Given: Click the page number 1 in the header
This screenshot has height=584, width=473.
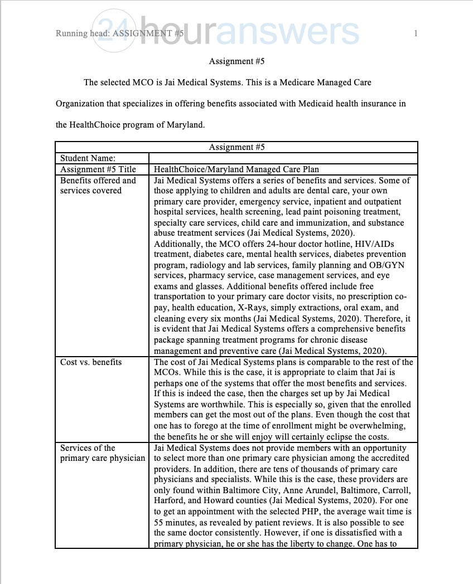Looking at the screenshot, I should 416,34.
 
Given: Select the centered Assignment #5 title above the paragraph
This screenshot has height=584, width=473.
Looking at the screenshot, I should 236,61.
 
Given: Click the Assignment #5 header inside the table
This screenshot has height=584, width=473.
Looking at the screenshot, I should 236,147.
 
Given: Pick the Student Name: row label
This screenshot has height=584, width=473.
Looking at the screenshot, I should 88,159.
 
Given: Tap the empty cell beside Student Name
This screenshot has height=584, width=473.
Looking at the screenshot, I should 283,159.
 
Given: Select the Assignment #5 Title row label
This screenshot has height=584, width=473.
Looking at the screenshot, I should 98,169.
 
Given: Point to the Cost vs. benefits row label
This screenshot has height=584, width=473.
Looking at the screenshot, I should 91,362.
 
